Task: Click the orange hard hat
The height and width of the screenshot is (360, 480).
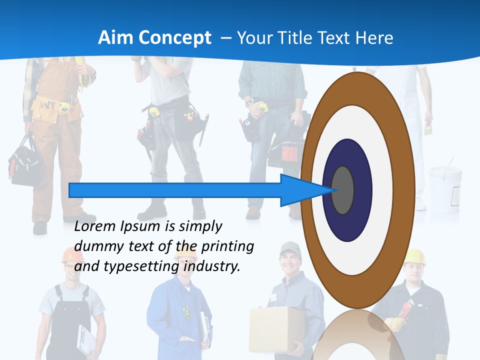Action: [72, 255]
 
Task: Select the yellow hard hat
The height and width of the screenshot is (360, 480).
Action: [414, 255]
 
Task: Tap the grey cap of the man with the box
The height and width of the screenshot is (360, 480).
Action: [290, 247]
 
